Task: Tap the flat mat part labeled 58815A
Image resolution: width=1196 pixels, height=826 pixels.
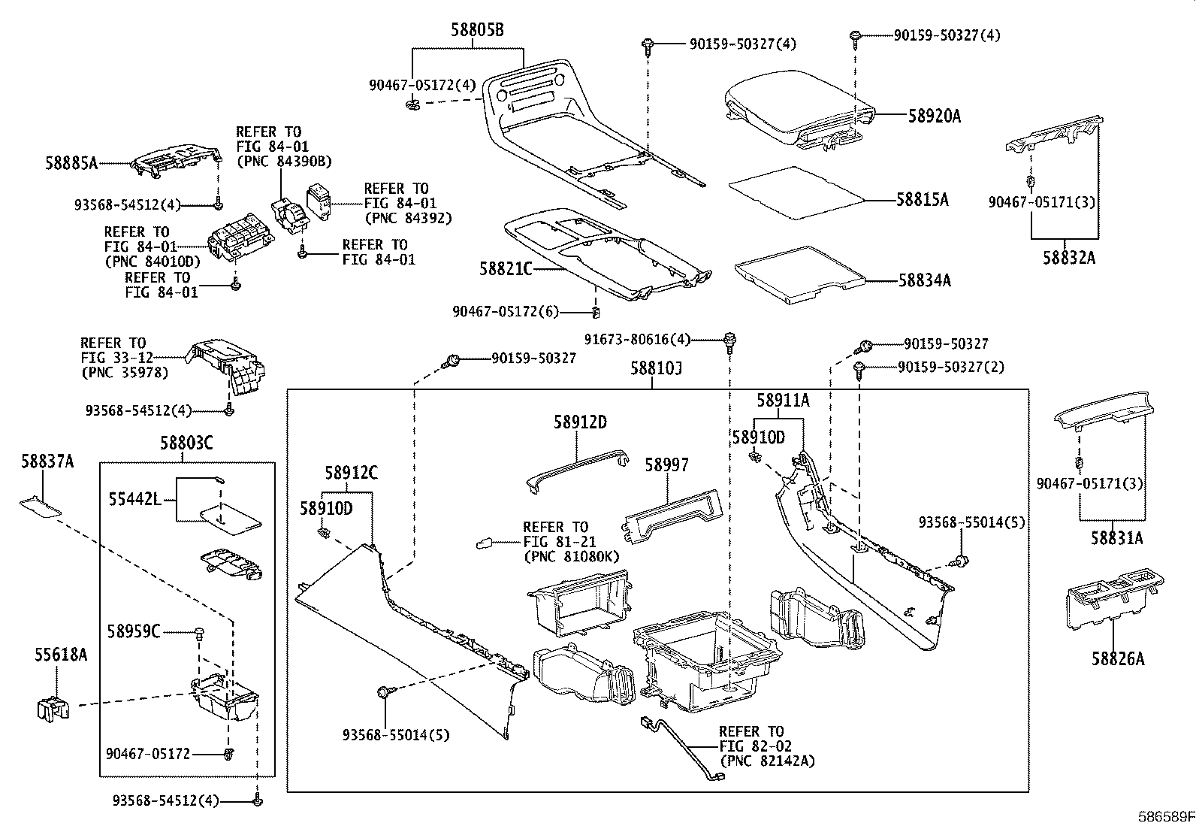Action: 796,192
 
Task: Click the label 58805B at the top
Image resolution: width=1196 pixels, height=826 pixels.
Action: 477,30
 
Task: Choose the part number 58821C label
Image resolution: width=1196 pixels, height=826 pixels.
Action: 506,268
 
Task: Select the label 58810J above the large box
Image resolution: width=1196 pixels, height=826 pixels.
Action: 657,369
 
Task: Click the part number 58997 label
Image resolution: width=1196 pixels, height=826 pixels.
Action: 666,465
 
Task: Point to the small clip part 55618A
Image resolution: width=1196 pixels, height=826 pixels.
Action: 51,707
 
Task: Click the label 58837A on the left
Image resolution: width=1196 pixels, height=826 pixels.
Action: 47,461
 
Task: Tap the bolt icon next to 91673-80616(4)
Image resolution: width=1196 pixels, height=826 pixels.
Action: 728,340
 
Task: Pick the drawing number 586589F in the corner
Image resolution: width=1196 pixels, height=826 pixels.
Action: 1164,815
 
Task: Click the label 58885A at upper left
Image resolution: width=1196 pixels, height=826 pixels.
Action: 72,162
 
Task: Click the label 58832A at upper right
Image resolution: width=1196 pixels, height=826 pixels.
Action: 1068,258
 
